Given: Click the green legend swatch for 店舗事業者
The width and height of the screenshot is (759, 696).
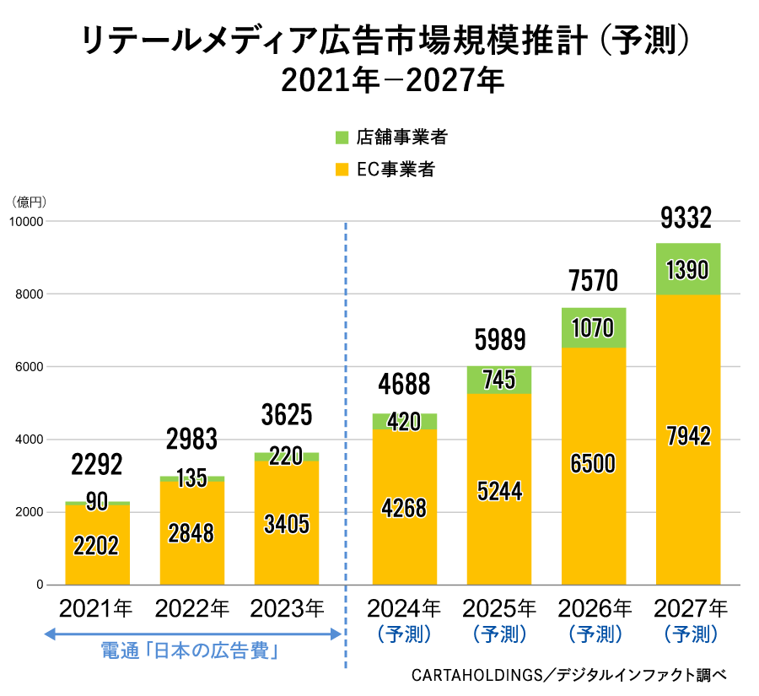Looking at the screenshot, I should (342, 138).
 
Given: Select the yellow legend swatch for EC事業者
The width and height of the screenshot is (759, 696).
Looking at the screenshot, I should (342, 170).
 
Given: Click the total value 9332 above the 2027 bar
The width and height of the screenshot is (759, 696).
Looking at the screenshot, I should (686, 219).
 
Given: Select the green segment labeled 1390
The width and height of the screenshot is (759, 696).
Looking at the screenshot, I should (687, 270).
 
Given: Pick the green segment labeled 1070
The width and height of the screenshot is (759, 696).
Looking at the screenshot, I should (593, 328).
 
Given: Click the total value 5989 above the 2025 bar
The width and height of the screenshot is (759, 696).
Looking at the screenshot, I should (499, 340).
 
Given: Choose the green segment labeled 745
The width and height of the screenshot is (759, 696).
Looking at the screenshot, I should (499, 380).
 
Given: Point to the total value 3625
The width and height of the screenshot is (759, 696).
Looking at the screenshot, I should (287, 415).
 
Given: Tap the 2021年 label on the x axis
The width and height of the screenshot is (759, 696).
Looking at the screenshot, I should (96, 607).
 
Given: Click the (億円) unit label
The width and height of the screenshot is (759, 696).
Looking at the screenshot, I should (28, 202).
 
